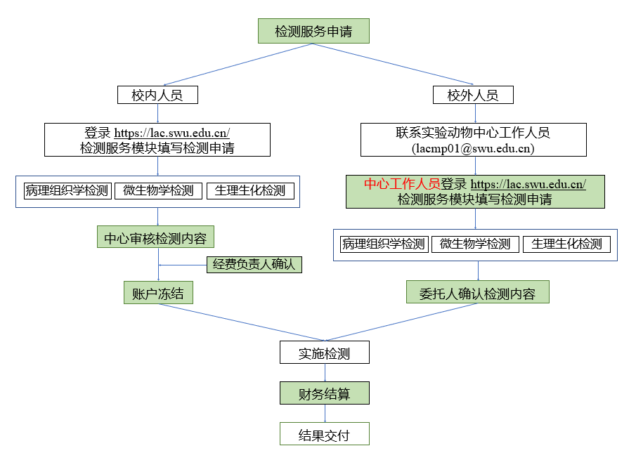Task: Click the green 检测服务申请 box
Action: [313, 31]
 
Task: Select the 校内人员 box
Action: [157, 95]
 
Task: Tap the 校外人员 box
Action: [473, 95]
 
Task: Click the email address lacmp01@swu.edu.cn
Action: [473, 148]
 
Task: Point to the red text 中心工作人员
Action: [402, 183]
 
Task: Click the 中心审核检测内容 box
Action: [155, 237]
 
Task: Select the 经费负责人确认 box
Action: [254, 265]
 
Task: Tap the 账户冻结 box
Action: [158, 293]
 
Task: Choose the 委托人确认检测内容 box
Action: [477, 292]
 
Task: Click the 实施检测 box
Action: [325, 352]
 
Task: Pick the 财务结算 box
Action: [325, 393]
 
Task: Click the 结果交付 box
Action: [325, 434]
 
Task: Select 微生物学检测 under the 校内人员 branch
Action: [158, 191]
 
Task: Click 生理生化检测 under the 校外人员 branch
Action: [566, 244]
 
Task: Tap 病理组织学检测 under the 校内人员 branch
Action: [67, 191]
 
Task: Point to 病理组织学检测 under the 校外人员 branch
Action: [384, 244]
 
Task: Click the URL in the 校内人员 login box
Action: [172, 133]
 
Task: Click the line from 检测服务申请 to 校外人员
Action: [393, 64]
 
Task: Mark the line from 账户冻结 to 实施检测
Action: [242, 322]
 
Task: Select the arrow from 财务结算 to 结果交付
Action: [325, 413]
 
